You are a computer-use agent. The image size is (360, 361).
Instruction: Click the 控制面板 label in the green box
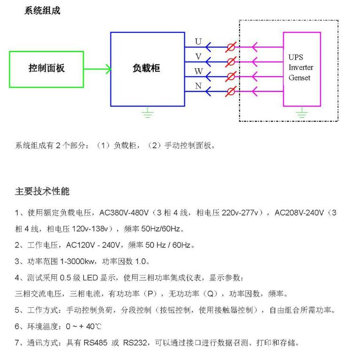pyautogui.click(x=47, y=68)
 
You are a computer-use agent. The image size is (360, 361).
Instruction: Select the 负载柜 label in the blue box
pyautogui.click(x=146, y=68)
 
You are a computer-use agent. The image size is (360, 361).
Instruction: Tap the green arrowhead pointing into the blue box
pyautogui.click(x=109, y=69)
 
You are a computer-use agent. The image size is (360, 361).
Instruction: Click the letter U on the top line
pyautogui.click(x=198, y=41)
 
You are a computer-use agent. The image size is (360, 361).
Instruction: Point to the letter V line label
pyautogui.click(x=198, y=56)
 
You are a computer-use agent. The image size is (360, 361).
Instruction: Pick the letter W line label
pyautogui.click(x=198, y=71)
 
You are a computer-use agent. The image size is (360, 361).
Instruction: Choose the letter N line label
pyautogui.click(x=198, y=86)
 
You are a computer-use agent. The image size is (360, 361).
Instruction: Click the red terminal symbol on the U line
pyautogui.click(x=231, y=47)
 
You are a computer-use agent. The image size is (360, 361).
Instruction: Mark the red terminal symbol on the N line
pyautogui.click(x=231, y=91)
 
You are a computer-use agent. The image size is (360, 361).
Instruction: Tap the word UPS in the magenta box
pyautogui.click(x=296, y=57)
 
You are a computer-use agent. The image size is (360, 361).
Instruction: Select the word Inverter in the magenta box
pyautogui.click(x=301, y=68)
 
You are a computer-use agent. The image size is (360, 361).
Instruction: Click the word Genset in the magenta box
pyautogui.click(x=299, y=78)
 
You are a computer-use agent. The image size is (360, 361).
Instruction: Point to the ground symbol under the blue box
pyautogui.click(x=148, y=112)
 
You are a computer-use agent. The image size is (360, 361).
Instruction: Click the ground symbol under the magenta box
pyautogui.click(x=302, y=112)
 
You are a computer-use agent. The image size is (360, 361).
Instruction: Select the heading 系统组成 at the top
pyautogui.click(x=42, y=11)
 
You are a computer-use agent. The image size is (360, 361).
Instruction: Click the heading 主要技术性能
pyautogui.click(x=42, y=191)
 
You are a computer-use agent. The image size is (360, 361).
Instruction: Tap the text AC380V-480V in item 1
pyautogui.click(x=124, y=212)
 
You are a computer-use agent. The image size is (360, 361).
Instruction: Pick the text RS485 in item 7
pyautogui.click(x=95, y=343)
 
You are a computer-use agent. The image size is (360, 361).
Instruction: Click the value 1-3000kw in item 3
pyautogui.click(x=77, y=261)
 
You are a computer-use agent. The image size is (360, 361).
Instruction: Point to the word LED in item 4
pyautogui.click(x=90, y=278)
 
